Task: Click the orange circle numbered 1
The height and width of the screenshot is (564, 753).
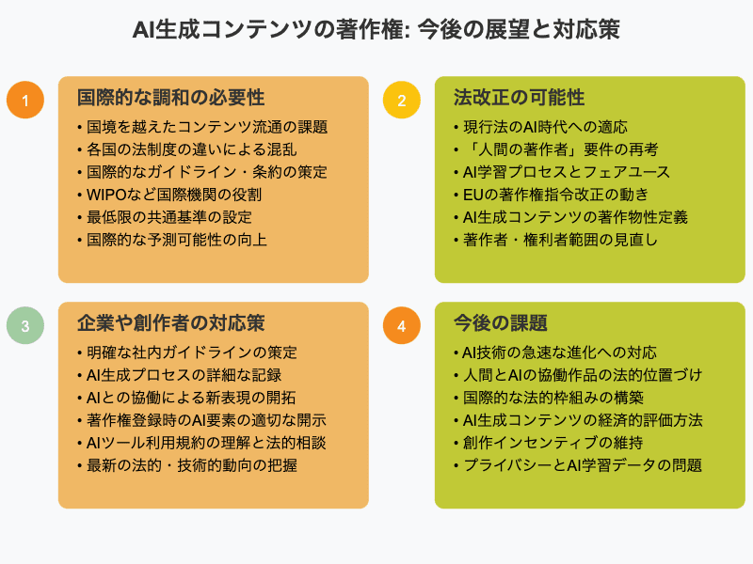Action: tap(25, 100)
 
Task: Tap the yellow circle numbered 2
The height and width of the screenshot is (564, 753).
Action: tap(402, 100)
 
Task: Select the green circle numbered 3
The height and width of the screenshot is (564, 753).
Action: tap(25, 325)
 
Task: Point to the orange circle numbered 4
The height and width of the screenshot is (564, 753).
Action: tap(402, 325)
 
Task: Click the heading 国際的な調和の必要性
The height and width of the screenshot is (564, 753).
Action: tap(170, 98)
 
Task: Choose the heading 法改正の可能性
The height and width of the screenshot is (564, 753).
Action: tap(519, 98)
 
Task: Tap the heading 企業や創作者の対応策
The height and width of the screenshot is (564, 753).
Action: tap(170, 322)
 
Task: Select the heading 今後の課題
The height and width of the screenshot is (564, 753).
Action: tap(501, 322)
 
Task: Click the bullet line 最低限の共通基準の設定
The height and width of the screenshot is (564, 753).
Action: tap(169, 217)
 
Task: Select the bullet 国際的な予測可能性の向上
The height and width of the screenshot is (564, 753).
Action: tap(177, 240)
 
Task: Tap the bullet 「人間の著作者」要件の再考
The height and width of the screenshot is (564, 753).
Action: tap(560, 149)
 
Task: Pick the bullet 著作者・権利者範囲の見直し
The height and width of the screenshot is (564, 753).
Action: tap(560, 240)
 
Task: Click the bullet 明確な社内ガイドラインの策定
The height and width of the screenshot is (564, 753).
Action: tap(192, 352)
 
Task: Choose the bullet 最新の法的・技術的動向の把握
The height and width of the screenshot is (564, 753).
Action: tap(192, 465)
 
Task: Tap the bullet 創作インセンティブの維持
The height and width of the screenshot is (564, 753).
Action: tap(553, 443)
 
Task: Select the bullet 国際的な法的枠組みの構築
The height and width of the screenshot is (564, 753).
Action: tap(553, 398)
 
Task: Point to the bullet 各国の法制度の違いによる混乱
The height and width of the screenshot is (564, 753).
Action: tap(192, 149)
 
